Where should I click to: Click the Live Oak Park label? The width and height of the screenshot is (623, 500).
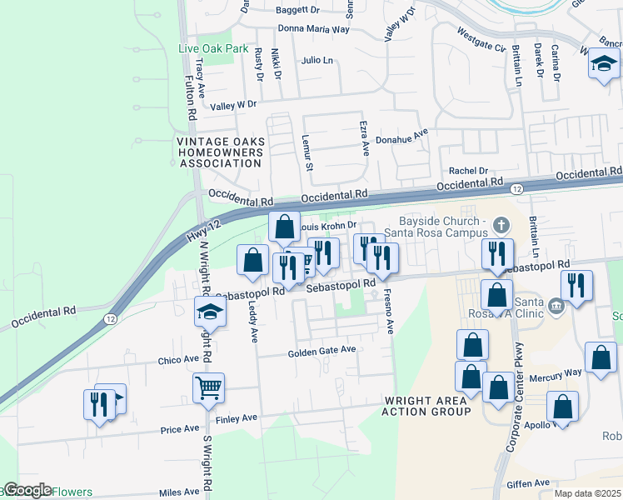pos(213,48)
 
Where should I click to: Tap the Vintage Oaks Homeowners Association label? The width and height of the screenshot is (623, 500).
pos(220,152)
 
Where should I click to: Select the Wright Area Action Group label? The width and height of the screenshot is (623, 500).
pos(426,406)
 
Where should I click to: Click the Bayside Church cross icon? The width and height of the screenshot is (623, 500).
pos(501,225)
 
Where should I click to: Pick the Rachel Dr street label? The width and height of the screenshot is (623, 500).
pos(467,171)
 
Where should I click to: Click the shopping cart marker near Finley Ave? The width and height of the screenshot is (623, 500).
pos(207,387)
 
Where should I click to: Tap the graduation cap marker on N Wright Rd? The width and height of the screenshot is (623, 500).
pos(210,312)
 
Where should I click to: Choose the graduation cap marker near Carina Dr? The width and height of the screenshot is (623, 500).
pos(603,64)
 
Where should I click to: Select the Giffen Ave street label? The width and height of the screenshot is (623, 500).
pos(528,482)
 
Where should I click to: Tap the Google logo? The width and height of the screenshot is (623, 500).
pos(27,490)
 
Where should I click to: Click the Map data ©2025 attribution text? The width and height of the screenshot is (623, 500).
pos(587,493)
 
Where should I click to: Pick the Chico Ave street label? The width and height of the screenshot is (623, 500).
pos(178,361)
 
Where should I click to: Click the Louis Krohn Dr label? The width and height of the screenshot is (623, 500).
pos(326,225)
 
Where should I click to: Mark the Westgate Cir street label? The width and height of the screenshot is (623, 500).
pos(481,41)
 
